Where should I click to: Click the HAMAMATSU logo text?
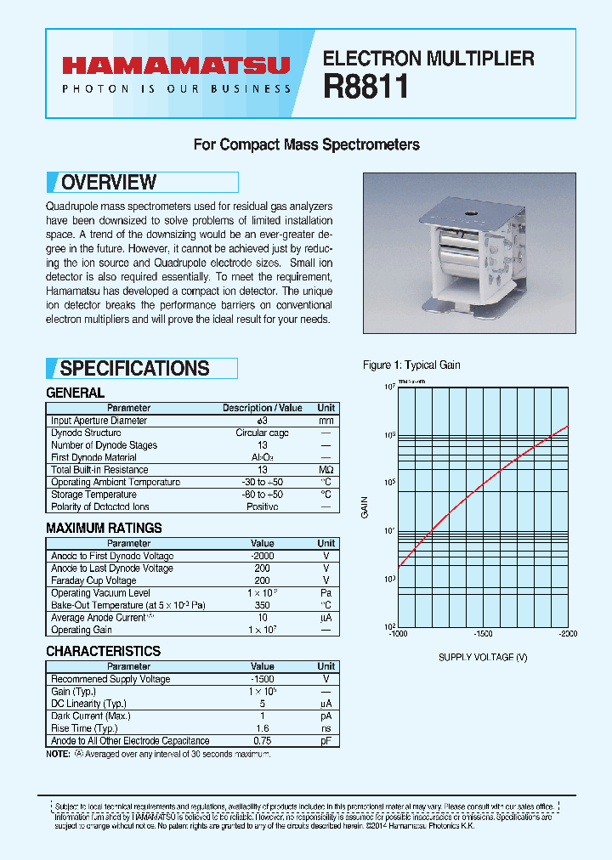pyautogui.click(x=175, y=67)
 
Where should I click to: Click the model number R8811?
pyautogui.click(x=365, y=87)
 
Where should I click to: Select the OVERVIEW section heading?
pyautogui.click(x=109, y=183)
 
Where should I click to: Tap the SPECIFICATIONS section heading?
pyautogui.click(x=134, y=368)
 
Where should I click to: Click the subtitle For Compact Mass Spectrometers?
pyautogui.click(x=306, y=144)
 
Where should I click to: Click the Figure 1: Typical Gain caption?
pyautogui.click(x=411, y=365)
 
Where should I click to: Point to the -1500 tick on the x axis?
pyautogui.click(x=483, y=634)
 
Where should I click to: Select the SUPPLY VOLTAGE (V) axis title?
pyautogui.click(x=483, y=657)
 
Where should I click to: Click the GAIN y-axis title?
pyautogui.click(x=365, y=507)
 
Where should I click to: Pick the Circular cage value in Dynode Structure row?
pyautogui.click(x=262, y=433)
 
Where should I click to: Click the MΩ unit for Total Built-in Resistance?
pyautogui.click(x=326, y=470)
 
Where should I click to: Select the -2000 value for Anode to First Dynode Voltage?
pyautogui.click(x=262, y=556)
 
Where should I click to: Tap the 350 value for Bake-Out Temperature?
pyautogui.click(x=262, y=605)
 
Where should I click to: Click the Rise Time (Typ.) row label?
pyautogui.click(x=85, y=728)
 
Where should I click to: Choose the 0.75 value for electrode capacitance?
pyautogui.click(x=262, y=741)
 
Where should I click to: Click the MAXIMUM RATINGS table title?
pyautogui.click(x=103, y=528)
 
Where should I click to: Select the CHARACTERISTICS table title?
pyautogui.click(x=103, y=651)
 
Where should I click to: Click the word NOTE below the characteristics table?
pyautogui.click(x=58, y=755)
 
